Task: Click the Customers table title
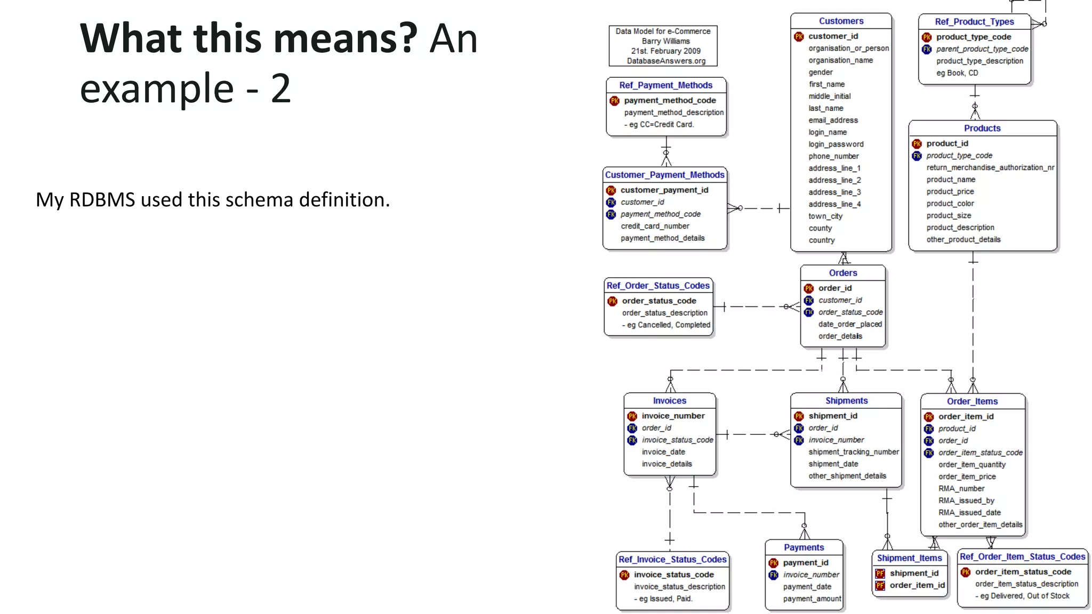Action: coord(841,21)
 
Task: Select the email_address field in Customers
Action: coord(833,120)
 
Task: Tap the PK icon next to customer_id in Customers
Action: coord(799,37)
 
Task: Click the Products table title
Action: coord(982,128)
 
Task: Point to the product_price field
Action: coord(950,192)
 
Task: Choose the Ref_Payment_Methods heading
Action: coord(665,85)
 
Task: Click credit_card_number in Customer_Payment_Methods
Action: coord(655,227)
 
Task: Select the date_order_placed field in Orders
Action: coord(850,325)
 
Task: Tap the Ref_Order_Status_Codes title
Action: coord(658,286)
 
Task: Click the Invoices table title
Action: coord(669,401)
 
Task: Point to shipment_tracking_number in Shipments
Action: coord(853,453)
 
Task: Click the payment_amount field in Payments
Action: coord(812,599)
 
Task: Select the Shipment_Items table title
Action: coord(909,558)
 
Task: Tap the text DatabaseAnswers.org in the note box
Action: coord(666,61)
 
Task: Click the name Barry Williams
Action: coord(665,42)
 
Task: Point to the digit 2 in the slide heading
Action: coord(280,88)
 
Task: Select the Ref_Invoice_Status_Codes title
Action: coord(672,560)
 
